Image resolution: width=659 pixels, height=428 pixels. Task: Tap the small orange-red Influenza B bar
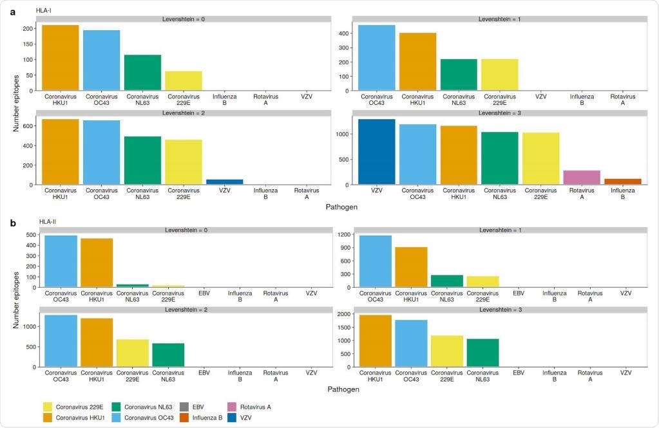tap(622, 181)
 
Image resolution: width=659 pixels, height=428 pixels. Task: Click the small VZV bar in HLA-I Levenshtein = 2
tap(224, 182)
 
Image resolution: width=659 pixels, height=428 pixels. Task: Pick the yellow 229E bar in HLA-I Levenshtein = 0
tap(184, 80)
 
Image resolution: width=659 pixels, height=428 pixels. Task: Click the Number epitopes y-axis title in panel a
tap(15, 102)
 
